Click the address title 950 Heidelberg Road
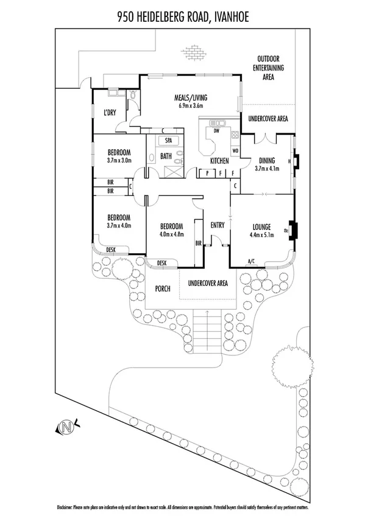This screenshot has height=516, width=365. click(x=182, y=19)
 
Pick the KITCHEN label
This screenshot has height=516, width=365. click(x=219, y=161)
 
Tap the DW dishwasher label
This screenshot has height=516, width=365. click(x=216, y=130)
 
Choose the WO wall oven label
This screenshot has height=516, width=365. click(x=235, y=150)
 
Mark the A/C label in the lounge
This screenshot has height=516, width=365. click(x=250, y=263)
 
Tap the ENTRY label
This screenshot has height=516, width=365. click(x=217, y=225)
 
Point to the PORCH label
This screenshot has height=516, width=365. click(x=162, y=289)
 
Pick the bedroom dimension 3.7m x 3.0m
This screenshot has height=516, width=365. click(x=119, y=161)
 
